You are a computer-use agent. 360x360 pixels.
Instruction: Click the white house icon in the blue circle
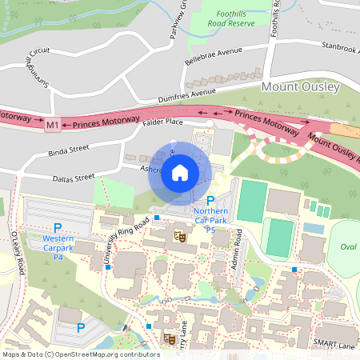click(x=180, y=173)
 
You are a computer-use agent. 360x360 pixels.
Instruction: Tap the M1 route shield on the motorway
click(x=52, y=125)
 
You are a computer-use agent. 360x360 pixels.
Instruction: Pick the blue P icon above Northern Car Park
click(x=211, y=200)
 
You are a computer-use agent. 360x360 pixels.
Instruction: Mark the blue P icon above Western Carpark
click(x=58, y=229)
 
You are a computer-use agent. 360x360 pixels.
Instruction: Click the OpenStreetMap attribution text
click(x=80, y=354)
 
